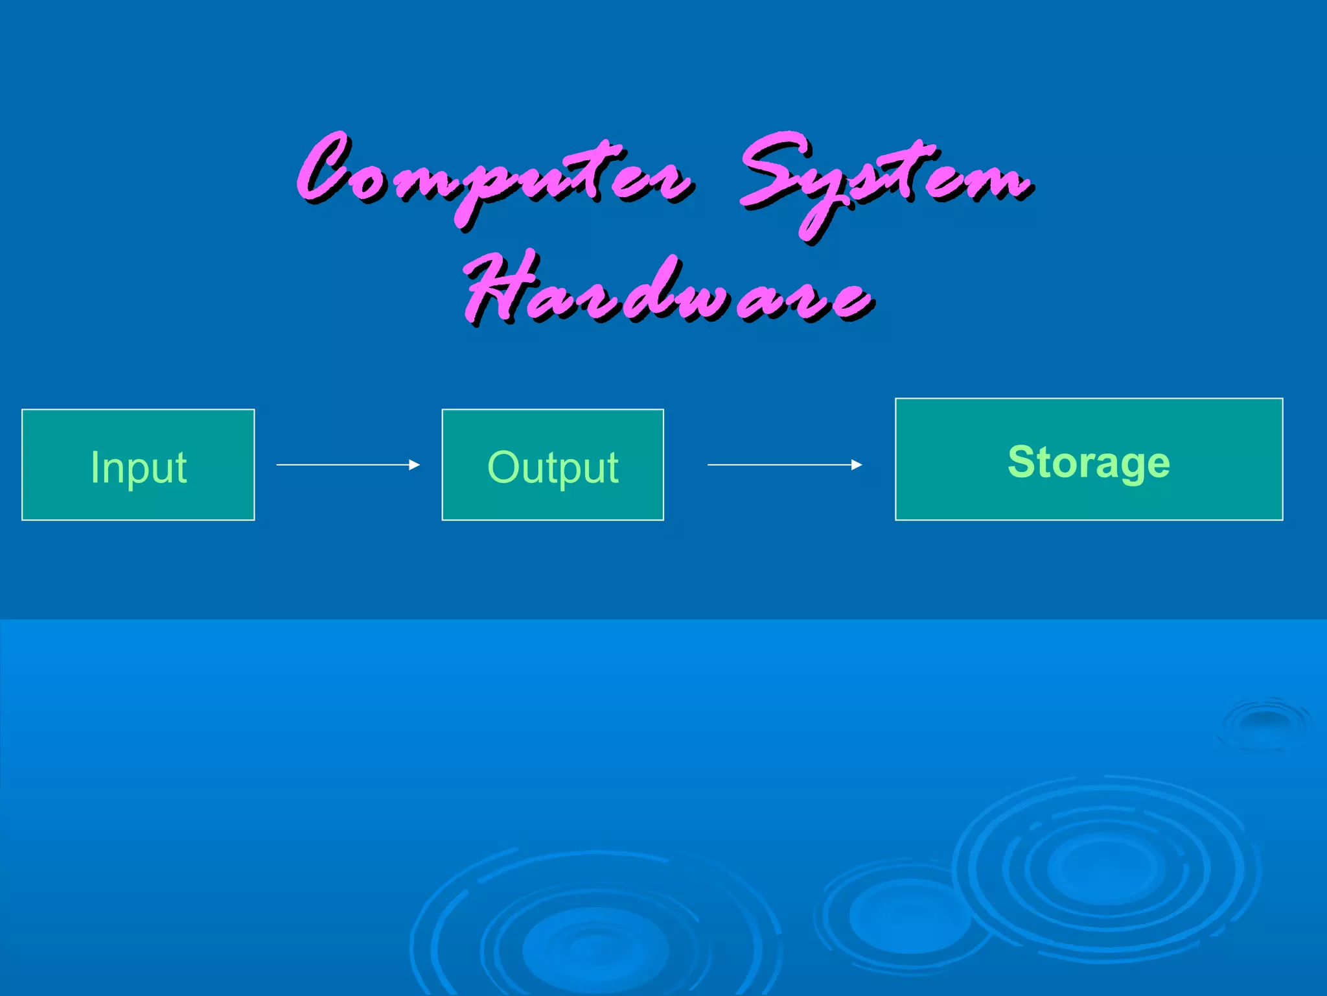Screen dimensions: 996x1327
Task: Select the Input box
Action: [138, 465]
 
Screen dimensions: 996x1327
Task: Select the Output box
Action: [553, 465]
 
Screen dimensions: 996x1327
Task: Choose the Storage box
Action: [1089, 459]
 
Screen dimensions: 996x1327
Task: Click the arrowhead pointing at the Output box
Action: [415, 465]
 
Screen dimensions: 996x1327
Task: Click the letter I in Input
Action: [95, 467]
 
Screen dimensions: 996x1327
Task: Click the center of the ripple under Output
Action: [595, 947]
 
